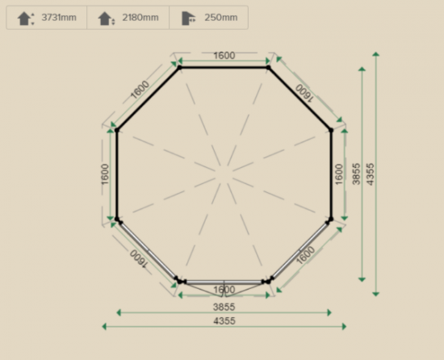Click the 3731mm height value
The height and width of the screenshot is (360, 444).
[x=59, y=18]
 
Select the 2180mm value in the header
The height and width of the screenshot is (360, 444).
[x=140, y=18]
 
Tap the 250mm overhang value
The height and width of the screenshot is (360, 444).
[x=221, y=18]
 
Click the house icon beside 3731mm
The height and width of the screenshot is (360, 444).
[x=26, y=19]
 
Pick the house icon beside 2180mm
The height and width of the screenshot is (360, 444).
[x=107, y=19]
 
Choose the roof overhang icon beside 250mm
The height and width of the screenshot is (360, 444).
[x=188, y=19]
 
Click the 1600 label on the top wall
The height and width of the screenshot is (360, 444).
[x=224, y=56]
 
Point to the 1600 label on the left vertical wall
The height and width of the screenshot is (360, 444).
[x=105, y=174]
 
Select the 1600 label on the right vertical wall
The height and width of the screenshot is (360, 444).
[x=339, y=174]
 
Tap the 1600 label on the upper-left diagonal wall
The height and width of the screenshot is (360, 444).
[x=140, y=90]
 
